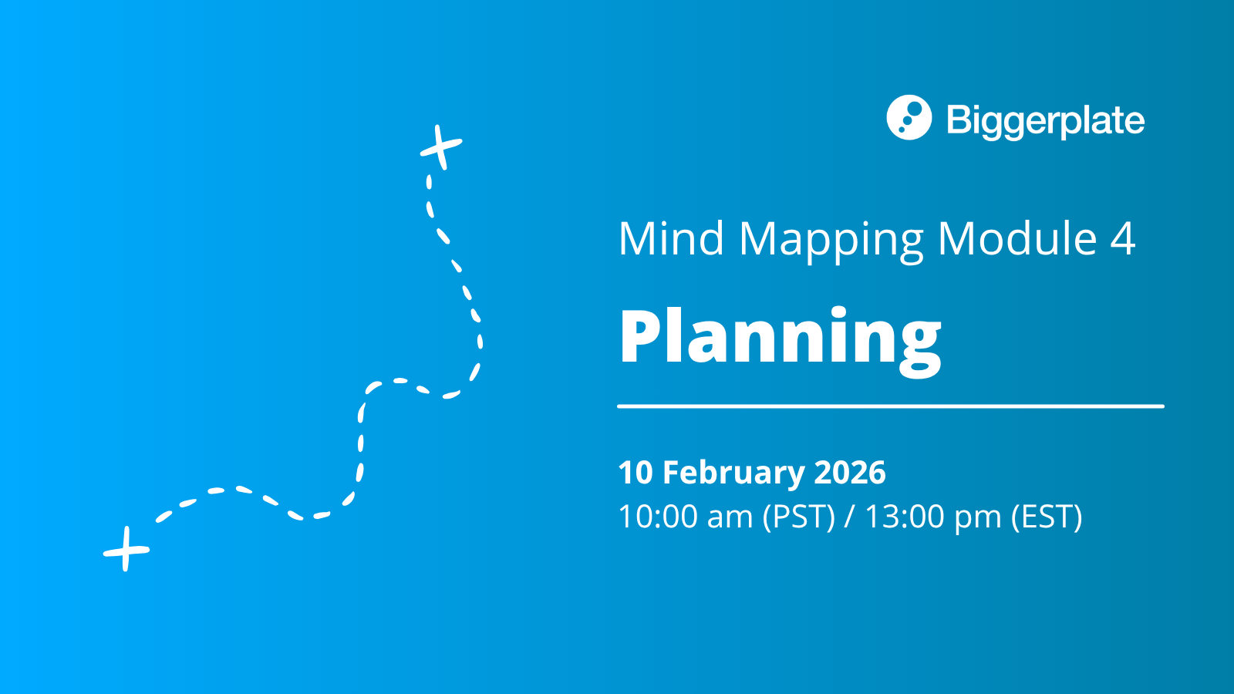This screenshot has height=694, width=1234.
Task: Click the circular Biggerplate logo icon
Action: (909, 117)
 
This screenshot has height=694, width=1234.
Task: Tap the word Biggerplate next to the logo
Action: (1046, 120)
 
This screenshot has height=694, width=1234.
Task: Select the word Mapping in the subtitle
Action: (831, 242)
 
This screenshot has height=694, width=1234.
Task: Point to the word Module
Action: (1017, 238)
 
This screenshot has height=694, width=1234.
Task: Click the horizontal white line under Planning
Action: (891, 406)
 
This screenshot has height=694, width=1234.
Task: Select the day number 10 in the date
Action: (636, 473)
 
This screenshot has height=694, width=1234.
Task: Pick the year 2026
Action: (850, 473)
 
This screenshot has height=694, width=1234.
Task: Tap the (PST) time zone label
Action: (799, 517)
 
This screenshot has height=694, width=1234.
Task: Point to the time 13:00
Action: (905, 517)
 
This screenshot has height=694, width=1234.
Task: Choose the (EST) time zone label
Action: (1047, 517)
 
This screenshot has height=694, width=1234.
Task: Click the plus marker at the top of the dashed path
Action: (440, 147)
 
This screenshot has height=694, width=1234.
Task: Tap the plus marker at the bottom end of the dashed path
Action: (126, 549)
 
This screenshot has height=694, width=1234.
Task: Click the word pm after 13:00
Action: (978, 522)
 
